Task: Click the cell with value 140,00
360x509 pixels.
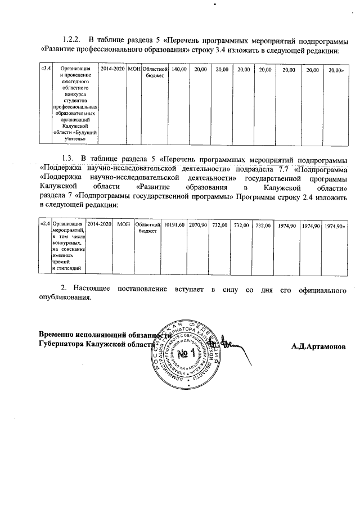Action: click(x=178, y=69)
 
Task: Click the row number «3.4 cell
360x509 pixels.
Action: click(x=46, y=69)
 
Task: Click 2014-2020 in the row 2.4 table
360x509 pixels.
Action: click(x=99, y=225)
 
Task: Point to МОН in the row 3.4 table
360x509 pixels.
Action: click(x=133, y=69)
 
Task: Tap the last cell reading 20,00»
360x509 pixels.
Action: click(x=336, y=69)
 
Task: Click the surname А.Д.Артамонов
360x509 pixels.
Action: click(x=318, y=346)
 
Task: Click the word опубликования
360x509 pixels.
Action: click(x=65, y=299)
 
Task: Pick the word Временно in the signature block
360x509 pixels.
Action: click(x=58, y=335)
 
